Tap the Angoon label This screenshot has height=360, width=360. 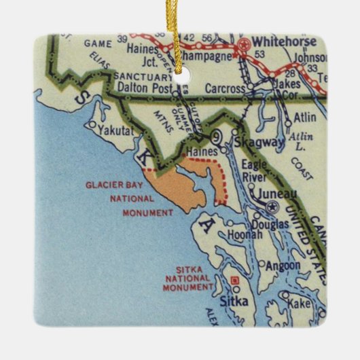[x=281, y=266]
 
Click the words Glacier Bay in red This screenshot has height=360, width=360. [x=111, y=184]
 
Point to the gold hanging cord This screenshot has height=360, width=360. [x=179, y=27]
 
